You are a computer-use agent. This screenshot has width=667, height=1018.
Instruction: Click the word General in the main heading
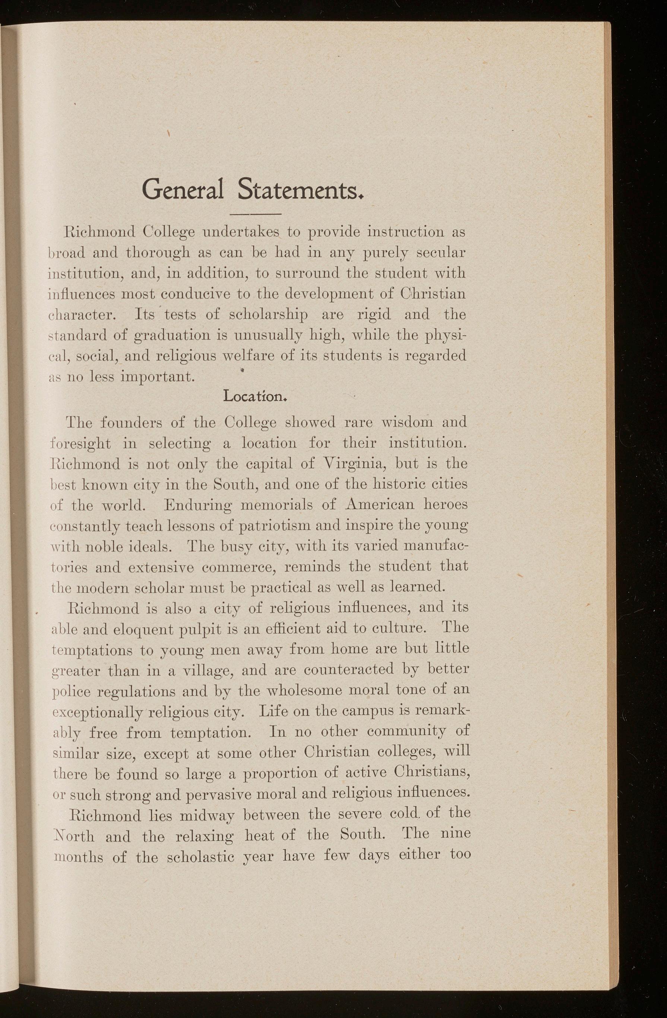click(x=183, y=190)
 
